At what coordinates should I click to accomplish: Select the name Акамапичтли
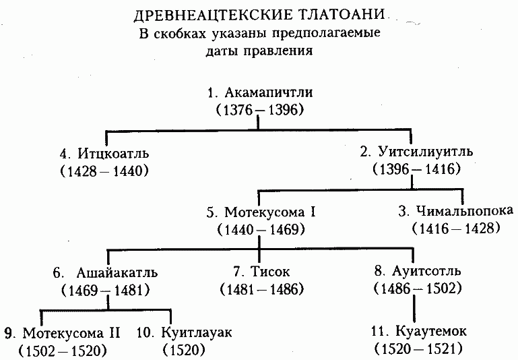[x=269, y=93]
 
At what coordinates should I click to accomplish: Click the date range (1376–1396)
[x=260, y=110]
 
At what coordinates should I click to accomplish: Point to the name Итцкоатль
[x=113, y=154]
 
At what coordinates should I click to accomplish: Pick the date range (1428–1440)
[x=104, y=171]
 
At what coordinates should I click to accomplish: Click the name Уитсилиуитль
[x=426, y=152]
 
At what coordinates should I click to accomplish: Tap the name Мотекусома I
[x=270, y=212]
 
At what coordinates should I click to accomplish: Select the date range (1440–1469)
[x=261, y=230]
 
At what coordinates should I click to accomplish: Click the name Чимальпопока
[x=465, y=211]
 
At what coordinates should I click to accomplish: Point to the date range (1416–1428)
[x=456, y=229]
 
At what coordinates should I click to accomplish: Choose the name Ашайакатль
[x=117, y=273]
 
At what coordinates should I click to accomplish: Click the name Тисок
[x=270, y=272]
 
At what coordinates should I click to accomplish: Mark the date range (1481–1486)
[x=261, y=289]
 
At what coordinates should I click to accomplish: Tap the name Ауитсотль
[x=426, y=271]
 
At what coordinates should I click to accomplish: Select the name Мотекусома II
[x=71, y=333]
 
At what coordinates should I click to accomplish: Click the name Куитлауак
[x=197, y=332]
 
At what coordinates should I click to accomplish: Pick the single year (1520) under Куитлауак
[x=184, y=350]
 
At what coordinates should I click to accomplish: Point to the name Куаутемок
[x=431, y=331]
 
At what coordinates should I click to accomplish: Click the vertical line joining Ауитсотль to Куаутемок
[x=414, y=309]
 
